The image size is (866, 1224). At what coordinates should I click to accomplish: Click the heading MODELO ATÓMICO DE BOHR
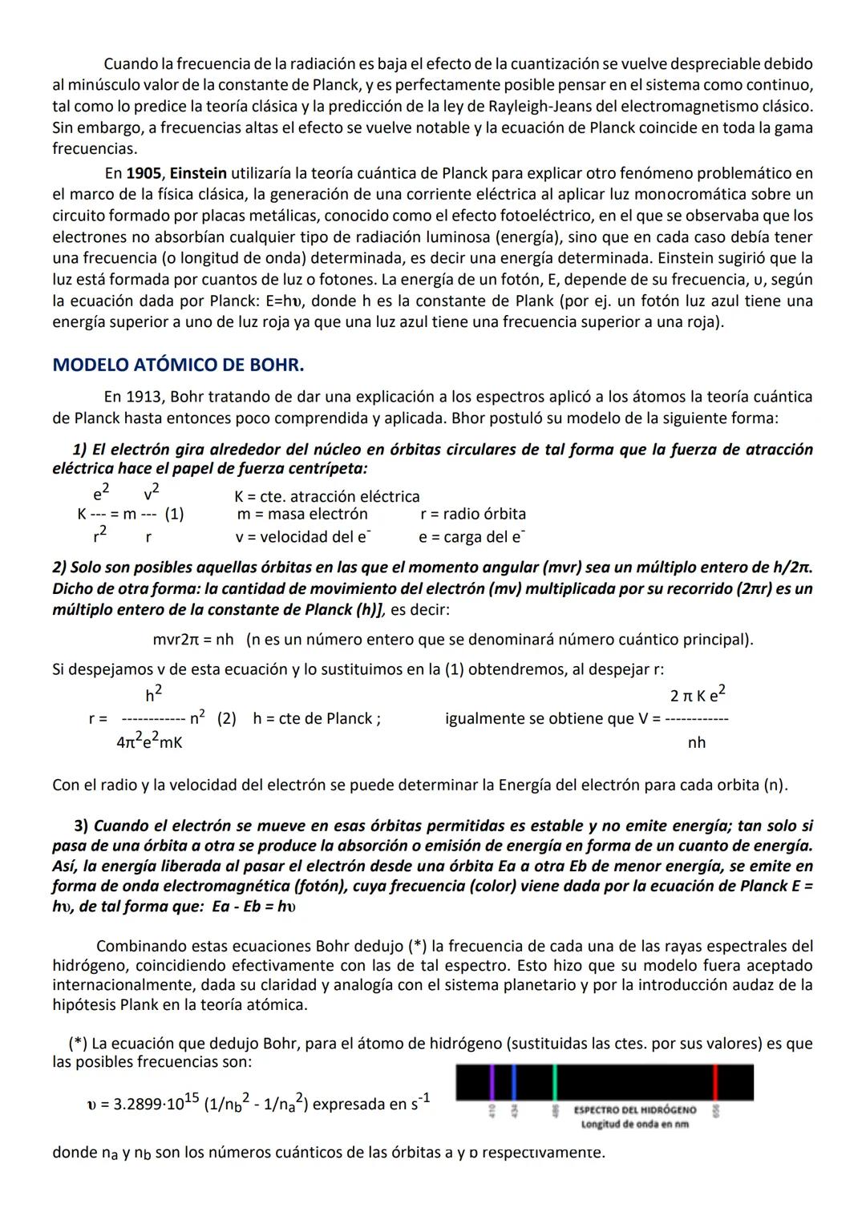click(178, 366)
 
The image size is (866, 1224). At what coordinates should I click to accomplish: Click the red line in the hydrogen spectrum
click(715, 1082)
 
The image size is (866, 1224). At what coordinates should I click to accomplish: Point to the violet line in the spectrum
click(492, 1082)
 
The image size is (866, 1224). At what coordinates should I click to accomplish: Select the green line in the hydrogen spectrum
click(555, 1082)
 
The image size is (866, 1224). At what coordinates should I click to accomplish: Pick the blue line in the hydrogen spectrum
click(513, 1082)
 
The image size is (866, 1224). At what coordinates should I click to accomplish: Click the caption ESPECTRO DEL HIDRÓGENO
click(635, 1110)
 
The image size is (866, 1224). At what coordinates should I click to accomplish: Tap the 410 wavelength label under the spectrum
click(492, 1111)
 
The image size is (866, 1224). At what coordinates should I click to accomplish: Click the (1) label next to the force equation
click(174, 515)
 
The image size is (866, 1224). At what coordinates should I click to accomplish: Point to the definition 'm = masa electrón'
click(302, 514)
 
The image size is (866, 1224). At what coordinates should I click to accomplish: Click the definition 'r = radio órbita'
click(472, 514)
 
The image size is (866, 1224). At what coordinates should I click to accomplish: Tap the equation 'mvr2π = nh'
click(193, 640)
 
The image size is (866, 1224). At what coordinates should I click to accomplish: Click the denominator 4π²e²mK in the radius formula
click(149, 743)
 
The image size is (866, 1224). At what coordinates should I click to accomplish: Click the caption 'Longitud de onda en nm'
click(635, 1124)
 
